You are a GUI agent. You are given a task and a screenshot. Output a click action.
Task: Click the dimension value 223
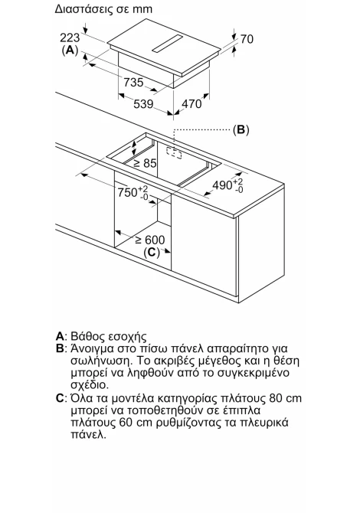pos(70,38)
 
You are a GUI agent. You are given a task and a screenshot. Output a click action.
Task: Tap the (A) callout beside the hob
pos(70,51)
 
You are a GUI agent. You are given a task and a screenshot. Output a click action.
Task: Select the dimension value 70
pos(247,39)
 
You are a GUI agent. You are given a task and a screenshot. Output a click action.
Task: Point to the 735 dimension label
pos(133,82)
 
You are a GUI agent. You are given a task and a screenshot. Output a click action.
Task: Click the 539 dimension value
pos(143,104)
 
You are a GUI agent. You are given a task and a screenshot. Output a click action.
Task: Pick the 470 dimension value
pos(191,103)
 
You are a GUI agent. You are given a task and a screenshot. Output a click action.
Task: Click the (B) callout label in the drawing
pos(241,130)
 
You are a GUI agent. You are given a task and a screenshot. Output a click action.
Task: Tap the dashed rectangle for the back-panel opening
pos(174,153)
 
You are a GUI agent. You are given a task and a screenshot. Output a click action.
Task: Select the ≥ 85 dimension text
pos(146,163)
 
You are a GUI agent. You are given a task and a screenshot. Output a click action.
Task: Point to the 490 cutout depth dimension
pos(227,185)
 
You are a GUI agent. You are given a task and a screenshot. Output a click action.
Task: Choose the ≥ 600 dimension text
pos(150,240)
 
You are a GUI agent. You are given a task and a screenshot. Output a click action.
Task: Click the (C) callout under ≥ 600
pos(152,252)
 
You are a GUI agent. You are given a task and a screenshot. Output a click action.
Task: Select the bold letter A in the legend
pos(60,336)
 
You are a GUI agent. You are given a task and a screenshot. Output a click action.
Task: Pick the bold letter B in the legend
pos(60,348)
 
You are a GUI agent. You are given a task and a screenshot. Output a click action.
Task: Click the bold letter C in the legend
pos(60,398)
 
